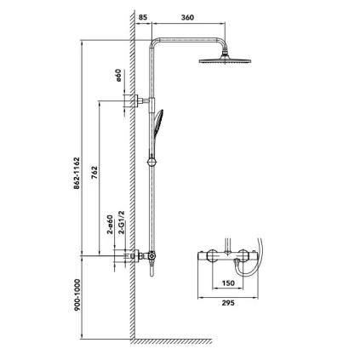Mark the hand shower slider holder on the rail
(x=151, y=158)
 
